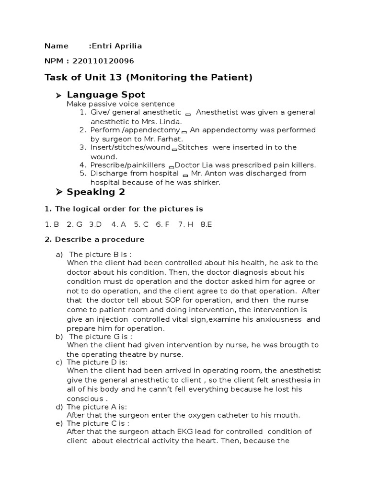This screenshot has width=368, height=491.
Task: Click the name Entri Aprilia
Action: pos(117,46)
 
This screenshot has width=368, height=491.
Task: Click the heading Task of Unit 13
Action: pos(148,77)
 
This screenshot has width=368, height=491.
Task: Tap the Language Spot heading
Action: pos(105,94)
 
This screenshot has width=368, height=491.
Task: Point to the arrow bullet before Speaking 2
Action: pos(58,192)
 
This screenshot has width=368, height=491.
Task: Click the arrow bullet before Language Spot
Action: pos(58,95)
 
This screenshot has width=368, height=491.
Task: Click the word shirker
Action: pos(207,182)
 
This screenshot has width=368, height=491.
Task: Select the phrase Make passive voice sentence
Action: pos(121,104)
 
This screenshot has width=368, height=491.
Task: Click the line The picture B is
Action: pos(100,254)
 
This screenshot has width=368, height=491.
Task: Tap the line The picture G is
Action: pos(101,337)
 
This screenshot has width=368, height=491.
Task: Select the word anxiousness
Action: pos(278,319)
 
